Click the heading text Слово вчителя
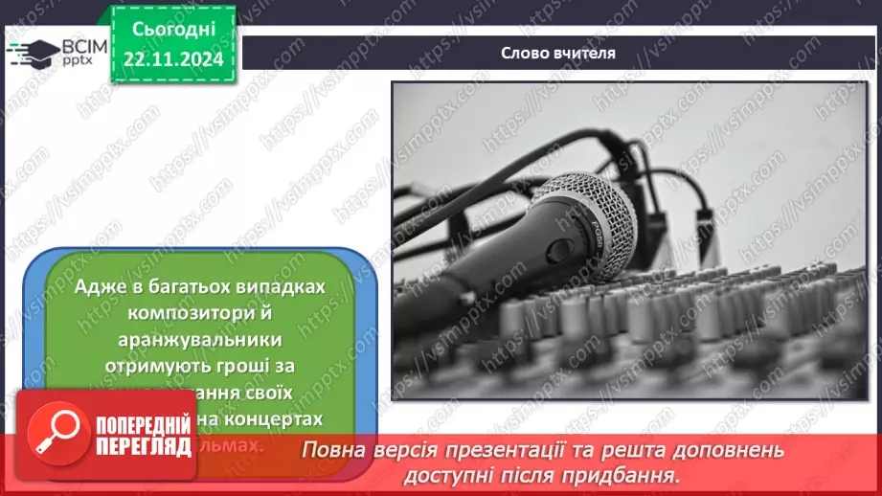[x=557, y=54]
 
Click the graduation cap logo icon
[x=32, y=52]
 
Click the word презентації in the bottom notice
[x=542, y=450]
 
